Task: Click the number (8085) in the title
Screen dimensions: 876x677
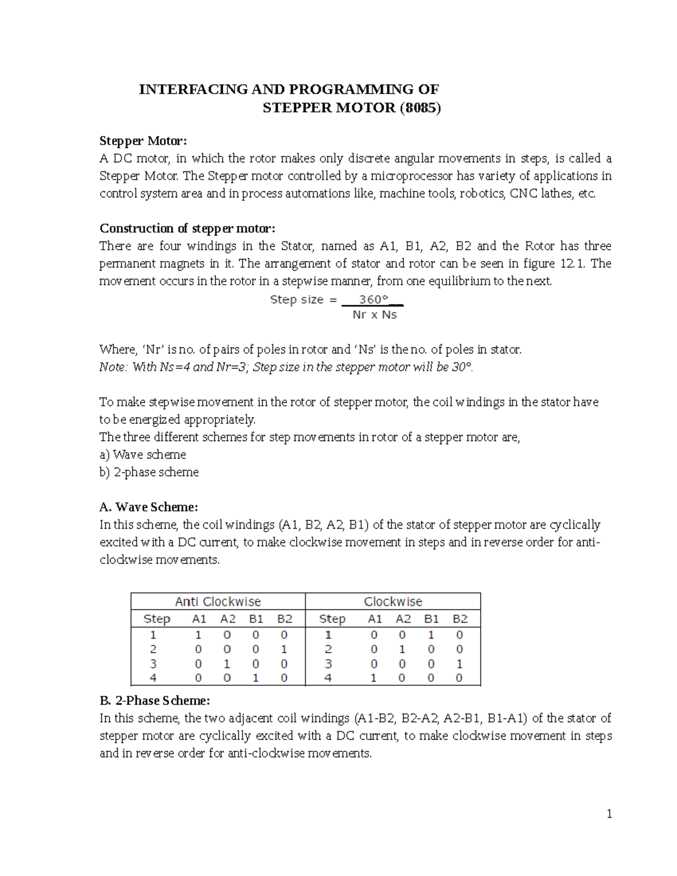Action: (x=420, y=108)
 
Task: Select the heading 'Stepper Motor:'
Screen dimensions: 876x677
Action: (x=143, y=140)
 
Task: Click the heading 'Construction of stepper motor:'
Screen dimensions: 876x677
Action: (x=187, y=228)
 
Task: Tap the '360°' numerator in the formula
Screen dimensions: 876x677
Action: (x=373, y=300)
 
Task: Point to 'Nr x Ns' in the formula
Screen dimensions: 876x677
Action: (x=374, y=315)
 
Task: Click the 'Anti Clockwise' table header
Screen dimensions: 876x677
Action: (x=218, y=601)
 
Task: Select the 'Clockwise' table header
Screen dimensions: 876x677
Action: (x=393, y=601)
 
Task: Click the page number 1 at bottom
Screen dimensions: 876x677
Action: (x=609, y=814)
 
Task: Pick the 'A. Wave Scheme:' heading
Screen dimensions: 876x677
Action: (x=149, y=507)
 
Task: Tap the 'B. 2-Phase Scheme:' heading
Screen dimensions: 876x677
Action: (x=155, y=701)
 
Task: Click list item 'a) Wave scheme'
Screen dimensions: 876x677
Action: (x=143, y=455)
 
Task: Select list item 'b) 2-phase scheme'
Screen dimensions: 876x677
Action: (x=149, y=472)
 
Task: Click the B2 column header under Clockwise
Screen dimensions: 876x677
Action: (x=460, y=619)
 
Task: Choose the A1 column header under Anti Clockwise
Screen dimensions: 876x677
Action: (x=199, y=619)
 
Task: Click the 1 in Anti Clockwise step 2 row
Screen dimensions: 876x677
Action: (x=284, y=649)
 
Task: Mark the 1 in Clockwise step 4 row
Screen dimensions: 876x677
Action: (x=373, y=678)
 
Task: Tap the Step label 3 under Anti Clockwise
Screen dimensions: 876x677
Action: (x=153, y=664)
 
